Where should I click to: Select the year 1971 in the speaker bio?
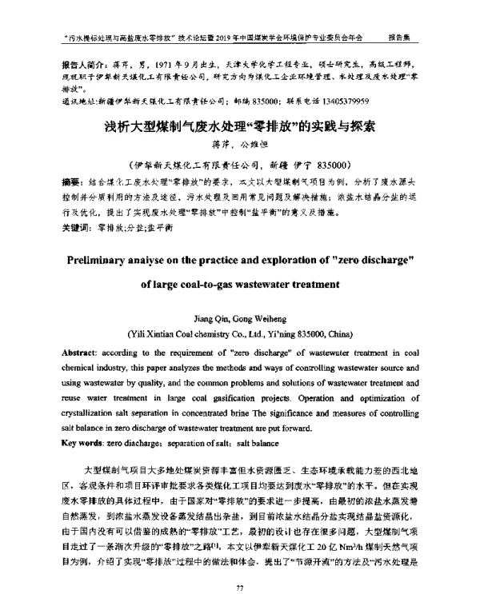pos(170,62)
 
